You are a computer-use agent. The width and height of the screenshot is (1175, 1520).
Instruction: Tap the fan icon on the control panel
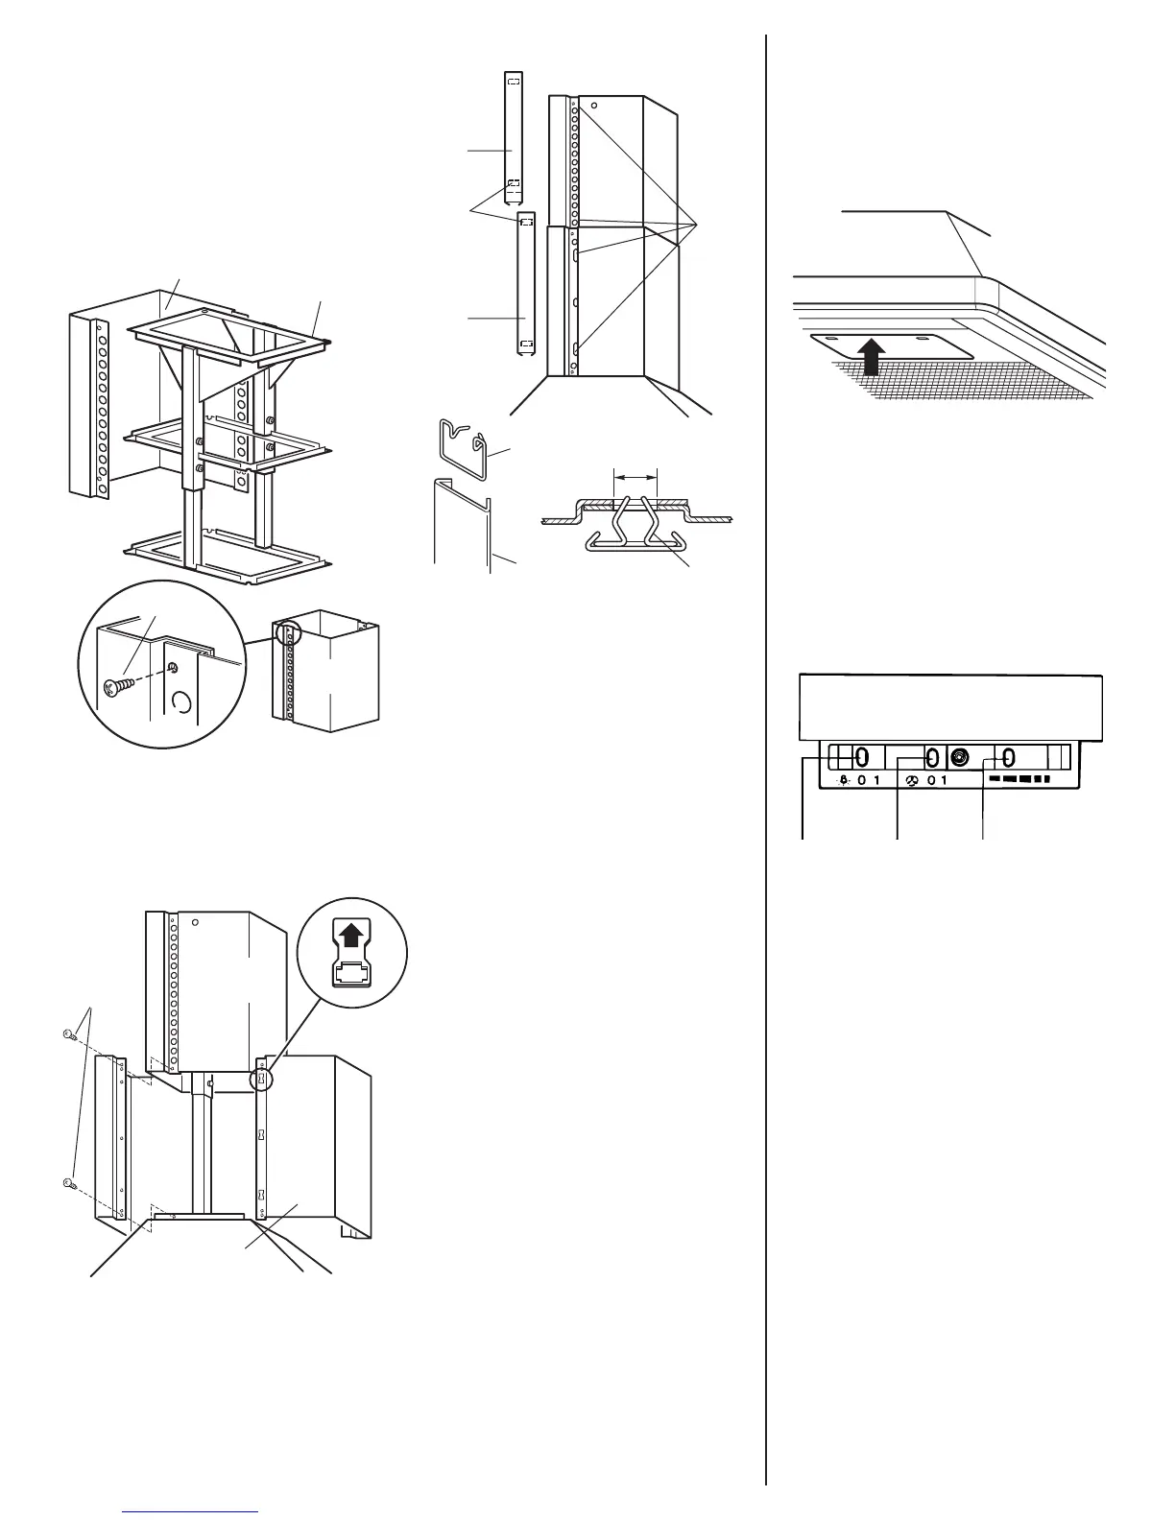[911, 780]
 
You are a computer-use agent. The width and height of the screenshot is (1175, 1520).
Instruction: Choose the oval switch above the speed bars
[1009, 756]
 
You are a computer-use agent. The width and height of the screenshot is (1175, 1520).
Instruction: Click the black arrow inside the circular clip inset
[351, 931]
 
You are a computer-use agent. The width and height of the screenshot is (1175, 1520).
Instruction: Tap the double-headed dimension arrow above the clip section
[635, 475]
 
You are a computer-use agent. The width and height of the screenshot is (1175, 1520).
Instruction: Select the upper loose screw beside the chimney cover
[68, 1034]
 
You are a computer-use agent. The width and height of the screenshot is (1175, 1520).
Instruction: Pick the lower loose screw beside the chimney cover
[69, 1183]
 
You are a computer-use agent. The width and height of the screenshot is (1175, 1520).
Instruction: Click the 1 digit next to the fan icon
[944, 780]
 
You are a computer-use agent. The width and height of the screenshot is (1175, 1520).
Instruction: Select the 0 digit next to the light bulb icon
[862, 780]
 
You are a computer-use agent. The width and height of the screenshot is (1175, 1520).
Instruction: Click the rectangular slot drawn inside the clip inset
[351, 972]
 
